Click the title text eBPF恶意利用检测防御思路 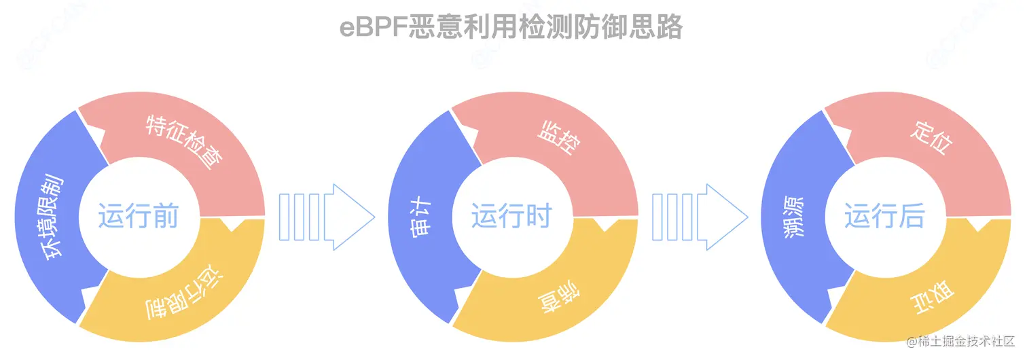tap(511, 28)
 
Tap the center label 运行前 tap(138, 217)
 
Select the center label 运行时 tap(511, 217)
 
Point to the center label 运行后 tap(884, 217)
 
